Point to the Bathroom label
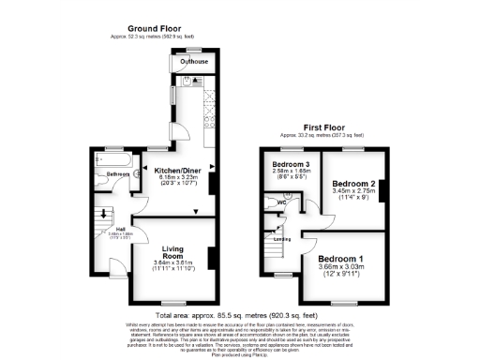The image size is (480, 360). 117,174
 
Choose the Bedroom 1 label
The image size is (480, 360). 340,258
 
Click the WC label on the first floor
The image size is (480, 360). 282,201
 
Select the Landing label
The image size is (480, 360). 280,238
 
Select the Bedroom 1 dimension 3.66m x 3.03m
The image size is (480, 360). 340,267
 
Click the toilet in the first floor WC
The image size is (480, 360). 271,202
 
